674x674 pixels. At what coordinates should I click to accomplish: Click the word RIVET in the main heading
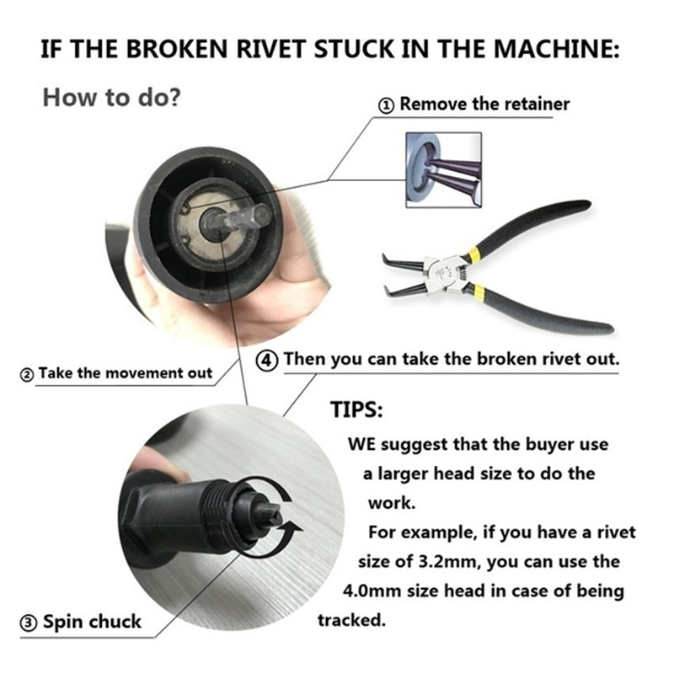(271, 48)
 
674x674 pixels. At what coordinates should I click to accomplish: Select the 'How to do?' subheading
(112, 97)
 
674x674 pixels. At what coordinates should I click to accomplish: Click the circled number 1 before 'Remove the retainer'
(386, 105)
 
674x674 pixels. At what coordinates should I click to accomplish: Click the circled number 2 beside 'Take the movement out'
(27, 374)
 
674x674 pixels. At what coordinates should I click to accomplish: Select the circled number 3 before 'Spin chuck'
(29, 623)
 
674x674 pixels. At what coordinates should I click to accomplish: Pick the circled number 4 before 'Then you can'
(267, 361)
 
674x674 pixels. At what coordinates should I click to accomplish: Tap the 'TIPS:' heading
(356, 409)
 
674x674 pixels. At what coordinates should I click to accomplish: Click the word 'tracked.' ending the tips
(351, 620)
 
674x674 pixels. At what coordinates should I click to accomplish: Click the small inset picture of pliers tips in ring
(444, 170)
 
